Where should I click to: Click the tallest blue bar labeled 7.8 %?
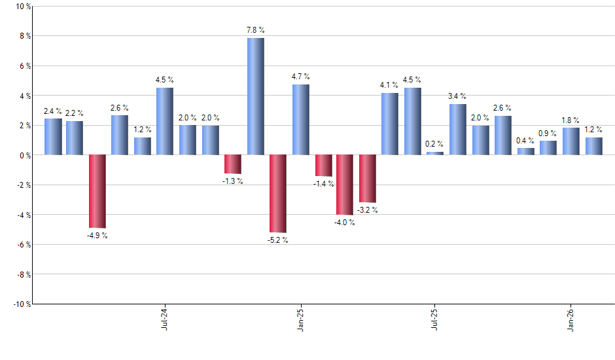pyautogui.click(x=255, y=96)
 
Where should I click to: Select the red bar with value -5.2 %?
pyautogui.click(x=278, y=194)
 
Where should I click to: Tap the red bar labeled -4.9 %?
pyautogui.click(x=97, y=191)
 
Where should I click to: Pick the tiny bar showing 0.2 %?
pyautogui.click(x=435, y=153)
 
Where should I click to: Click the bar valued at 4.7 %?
pyautogui.click(x=300, y=120)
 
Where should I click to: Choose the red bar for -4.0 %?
pyautogui.click(x=345, y=185)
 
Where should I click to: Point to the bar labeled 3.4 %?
pyautogui.click(x=457, y=130)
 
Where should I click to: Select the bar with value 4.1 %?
pyautogui.click(x=390, y=124)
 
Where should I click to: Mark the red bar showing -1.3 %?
pyautogui.click(x=233, y=164)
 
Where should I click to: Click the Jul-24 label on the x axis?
pyautogui.click(x=164, y=318)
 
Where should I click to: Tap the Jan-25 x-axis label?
pyautogui.click(x=300, y=318)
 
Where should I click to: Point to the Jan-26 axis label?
pyautogui.click(x=571, y=318)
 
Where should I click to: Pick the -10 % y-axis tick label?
pyautogui.click(x=21, y=304)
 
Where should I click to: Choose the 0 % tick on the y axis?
pyautogui.click(x=24, y=155)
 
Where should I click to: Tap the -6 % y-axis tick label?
pyautogui.click(x=23, y=244)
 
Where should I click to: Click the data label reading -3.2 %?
pyautogui.click(x=367, y=210)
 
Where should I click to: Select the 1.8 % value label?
pyautogui.click(x=570, y=120)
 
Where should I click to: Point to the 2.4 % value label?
pyautogui.click(x=52, y=111)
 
